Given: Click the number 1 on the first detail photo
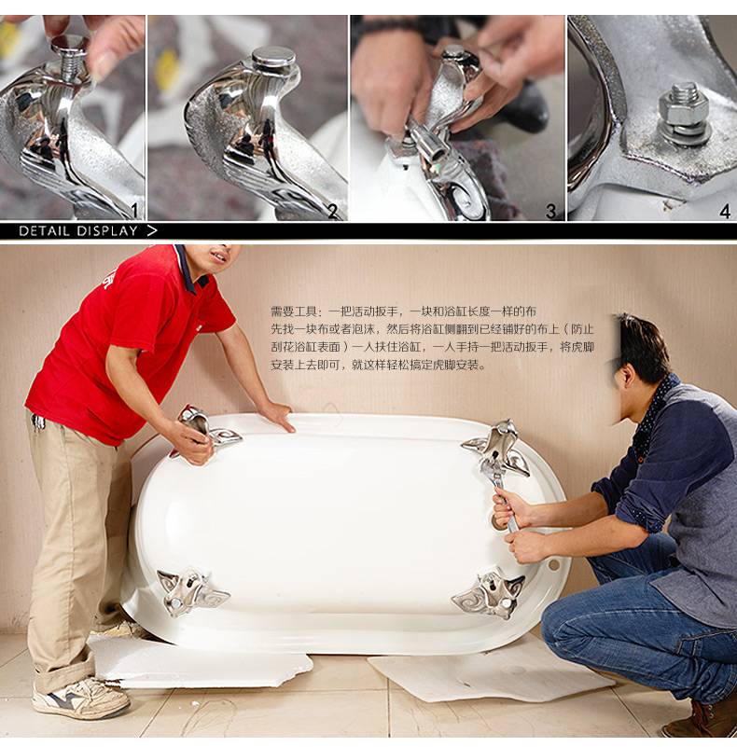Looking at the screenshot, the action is point(134,210).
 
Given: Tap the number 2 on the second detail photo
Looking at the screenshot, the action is point(333,211).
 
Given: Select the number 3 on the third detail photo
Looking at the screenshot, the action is point(551,211).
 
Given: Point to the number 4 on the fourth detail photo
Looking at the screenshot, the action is point(725,211).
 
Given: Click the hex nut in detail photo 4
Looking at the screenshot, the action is point(680,107).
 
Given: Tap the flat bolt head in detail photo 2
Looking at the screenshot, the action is point(272,57).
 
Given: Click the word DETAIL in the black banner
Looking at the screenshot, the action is point(45,231).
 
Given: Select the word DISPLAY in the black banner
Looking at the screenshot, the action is point(106,231).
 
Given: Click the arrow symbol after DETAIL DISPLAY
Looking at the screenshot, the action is point(151,231).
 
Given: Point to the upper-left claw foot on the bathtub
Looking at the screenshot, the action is point(206,430).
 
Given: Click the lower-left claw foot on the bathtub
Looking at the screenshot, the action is point(189,591).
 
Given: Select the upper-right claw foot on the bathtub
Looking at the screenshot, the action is point(497,447).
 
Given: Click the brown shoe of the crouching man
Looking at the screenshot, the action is point(701,718).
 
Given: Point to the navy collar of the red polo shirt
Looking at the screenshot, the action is point(190,268).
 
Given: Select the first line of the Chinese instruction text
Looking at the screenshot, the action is point(403,311).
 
